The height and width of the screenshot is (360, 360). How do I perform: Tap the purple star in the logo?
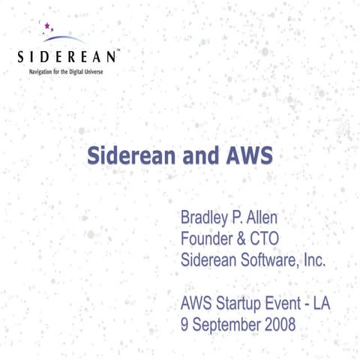pos(47,26)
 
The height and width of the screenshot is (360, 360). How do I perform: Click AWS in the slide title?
pos(246,156)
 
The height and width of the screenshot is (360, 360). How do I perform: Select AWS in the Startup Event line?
pos(197,304)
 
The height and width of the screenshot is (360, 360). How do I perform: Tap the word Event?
pos(289,304)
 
